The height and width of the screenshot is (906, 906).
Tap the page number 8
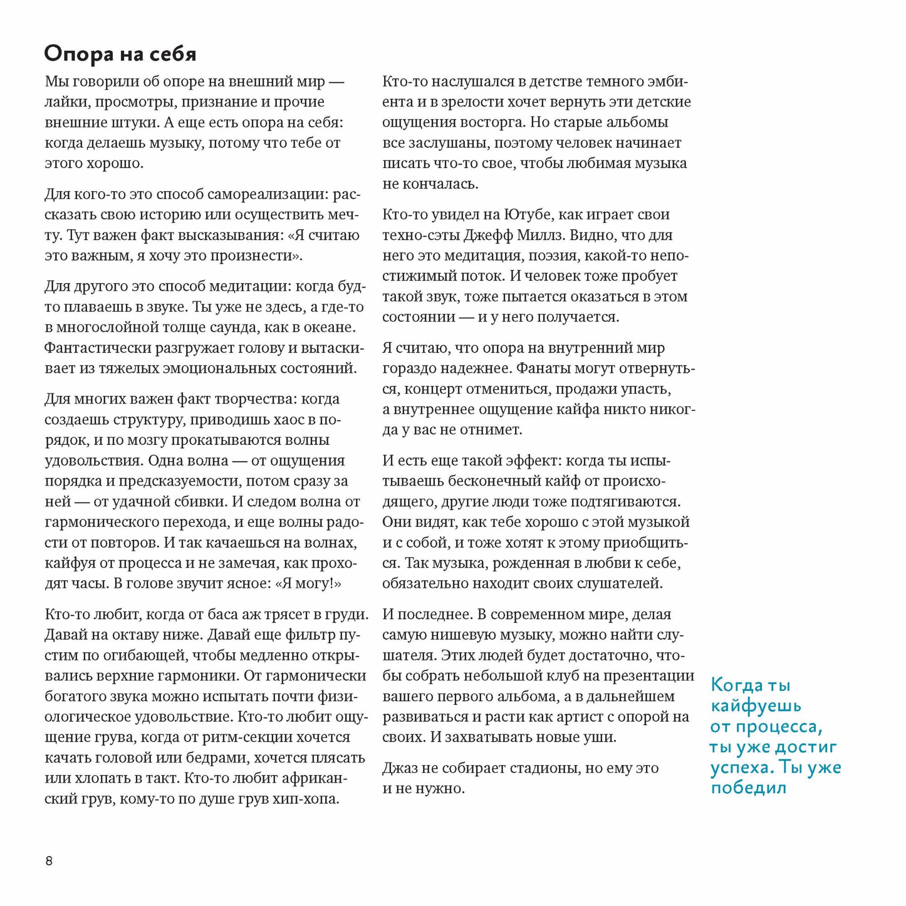click(x=49, y=862)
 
